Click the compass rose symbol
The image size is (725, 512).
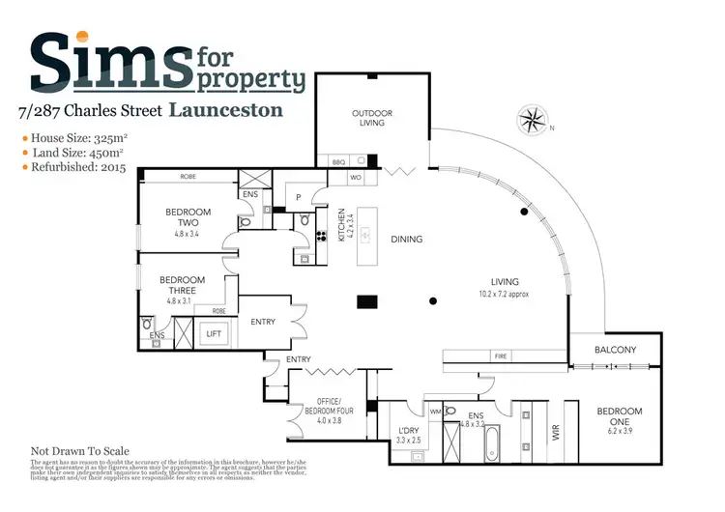533,120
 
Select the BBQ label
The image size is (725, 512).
338,162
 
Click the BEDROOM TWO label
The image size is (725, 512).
183,216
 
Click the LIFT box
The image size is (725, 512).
215,334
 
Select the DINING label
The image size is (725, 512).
406,239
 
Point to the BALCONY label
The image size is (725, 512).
615,349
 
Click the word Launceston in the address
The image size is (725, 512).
226,110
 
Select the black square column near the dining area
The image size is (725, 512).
366,301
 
